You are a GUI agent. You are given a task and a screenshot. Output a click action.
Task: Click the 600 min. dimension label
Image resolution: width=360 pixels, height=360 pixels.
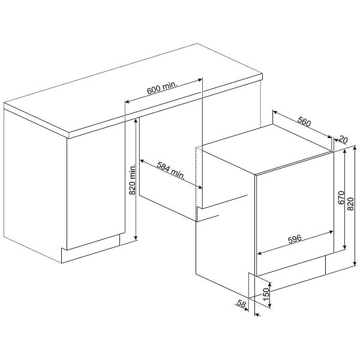163,88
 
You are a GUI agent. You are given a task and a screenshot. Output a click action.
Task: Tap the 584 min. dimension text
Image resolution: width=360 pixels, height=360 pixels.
171,170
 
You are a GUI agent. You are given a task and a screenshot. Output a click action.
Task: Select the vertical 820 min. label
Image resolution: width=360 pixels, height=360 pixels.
132,179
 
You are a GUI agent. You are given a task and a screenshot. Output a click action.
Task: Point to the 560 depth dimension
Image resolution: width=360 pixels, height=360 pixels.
304,121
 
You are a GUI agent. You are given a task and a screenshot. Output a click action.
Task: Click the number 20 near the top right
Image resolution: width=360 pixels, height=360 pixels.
343,139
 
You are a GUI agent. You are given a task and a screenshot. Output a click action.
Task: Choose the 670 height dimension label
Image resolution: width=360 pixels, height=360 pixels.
341,197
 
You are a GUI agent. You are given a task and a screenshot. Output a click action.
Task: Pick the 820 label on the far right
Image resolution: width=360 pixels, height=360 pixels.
350,204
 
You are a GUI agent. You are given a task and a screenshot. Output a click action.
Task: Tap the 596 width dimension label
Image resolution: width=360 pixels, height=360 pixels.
295,239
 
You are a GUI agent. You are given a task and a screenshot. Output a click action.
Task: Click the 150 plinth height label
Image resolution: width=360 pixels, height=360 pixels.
266,295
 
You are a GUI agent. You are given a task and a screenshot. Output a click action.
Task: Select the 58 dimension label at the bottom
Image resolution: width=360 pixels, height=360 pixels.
241,304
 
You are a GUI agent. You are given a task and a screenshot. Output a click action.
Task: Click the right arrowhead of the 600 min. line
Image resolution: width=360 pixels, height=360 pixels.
200,80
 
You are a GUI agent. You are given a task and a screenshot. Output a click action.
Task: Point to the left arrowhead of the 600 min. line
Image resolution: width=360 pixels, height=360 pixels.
127,101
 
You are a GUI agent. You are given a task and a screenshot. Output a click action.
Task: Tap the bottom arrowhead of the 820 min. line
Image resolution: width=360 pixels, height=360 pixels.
136,238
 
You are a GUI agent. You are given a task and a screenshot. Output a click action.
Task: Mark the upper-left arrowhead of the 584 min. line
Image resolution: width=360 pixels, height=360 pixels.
142,161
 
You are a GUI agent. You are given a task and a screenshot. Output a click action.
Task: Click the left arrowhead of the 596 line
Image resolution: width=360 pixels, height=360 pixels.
260,253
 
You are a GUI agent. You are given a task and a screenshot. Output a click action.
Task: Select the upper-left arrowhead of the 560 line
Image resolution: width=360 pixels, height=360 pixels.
275,112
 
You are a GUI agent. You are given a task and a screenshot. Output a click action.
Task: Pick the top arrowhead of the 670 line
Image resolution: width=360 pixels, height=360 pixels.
344,152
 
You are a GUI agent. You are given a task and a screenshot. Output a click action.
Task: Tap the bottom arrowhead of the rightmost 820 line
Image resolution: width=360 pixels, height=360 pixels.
355,263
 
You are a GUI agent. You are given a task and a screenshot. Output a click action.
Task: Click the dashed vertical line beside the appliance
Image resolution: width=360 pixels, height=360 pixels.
196,184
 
